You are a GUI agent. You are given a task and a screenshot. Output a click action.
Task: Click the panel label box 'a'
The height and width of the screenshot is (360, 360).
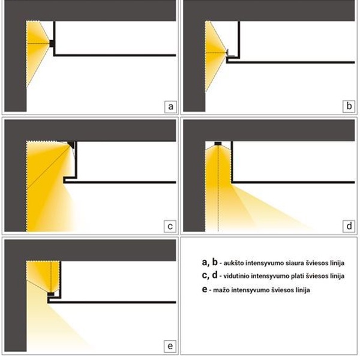click(x=170, y=107)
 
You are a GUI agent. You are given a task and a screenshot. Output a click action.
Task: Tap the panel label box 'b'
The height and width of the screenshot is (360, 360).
click(x=349, y=106)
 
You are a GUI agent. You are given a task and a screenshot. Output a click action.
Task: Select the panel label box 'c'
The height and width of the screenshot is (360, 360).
click(x=170, y=226)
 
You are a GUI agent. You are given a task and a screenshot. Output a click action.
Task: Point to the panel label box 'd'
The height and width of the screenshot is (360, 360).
click(x=349, y=226)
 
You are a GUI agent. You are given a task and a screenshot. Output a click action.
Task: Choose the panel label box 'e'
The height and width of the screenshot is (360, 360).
click(x=170, y=346)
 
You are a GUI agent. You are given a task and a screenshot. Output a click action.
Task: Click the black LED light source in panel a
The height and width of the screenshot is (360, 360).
click(x=52, y=43)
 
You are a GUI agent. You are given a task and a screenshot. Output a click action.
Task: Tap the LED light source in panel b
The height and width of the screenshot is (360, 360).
click(x=228, y=53)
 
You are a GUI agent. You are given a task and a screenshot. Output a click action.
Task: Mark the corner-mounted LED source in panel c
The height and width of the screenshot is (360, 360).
click(x=71, y=145)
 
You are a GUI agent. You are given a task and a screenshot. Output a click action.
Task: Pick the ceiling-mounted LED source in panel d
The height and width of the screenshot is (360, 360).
click(x=218, y=143)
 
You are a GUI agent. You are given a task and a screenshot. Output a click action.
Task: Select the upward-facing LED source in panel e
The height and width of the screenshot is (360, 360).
click(x=51, y=293)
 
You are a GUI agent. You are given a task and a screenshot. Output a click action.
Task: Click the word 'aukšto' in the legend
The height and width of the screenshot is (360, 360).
click(x=233, y=263)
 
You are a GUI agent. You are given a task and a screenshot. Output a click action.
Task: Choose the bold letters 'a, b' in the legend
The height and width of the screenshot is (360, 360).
click(x=209, y=262)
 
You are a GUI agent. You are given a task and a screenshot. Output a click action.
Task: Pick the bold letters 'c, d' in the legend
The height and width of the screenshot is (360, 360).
click(x=209, y=275)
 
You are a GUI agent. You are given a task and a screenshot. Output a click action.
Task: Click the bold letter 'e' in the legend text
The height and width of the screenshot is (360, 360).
click(x=205, y=289)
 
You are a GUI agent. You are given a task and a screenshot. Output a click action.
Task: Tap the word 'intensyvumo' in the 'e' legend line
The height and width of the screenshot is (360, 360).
click(x=250, y=290)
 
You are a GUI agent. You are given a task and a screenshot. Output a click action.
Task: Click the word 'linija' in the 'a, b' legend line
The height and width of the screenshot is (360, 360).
click(x=337, y=263)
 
